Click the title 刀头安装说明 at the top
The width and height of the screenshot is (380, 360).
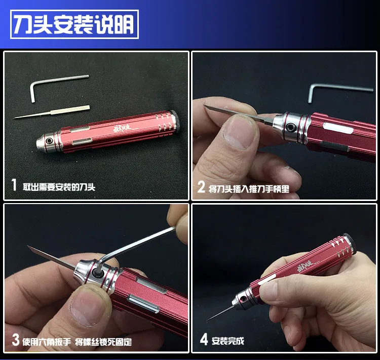click(74, 24)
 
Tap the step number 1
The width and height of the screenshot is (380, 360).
click(14, 185)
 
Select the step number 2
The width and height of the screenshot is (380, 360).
click(201, 187)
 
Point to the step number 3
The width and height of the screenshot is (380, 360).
click(16, 340)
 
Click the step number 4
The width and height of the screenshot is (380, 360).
click(204, 339)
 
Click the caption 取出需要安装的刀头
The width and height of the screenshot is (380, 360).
click(59, 187)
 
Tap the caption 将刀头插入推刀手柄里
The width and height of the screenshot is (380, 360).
click(249, 189)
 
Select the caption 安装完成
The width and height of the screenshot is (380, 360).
click(228, 341)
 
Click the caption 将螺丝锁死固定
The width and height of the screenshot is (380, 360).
click(103, 342)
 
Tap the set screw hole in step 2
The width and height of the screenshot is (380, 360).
click(290, 128)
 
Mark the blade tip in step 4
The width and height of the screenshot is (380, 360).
click(207, 321)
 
